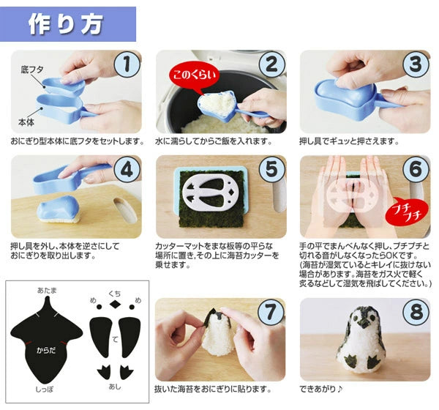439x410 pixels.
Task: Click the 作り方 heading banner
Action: coord(68,24)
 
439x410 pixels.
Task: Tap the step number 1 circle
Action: coord(127,64)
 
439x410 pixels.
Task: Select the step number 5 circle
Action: coord(271,168)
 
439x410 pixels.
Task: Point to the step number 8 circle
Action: coord(416,312)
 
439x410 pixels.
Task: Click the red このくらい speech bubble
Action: coord(194,76)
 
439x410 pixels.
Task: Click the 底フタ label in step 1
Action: coord(32,70)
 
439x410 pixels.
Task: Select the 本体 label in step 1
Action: coord(26,122)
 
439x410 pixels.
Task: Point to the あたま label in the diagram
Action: coord(47,291)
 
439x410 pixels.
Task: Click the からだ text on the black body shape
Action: coord(46,350)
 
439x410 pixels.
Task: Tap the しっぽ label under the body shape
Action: coord(44,389)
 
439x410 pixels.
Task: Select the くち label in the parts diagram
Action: coord(115,294)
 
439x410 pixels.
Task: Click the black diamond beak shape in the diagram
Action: coord(115,304)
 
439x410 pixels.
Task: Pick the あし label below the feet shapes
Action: coord(115,387)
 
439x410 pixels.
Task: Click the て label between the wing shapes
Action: coord(115,340)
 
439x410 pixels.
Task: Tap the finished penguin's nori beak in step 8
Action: coord(364,323)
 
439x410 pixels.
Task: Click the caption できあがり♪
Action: coord(321,389)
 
